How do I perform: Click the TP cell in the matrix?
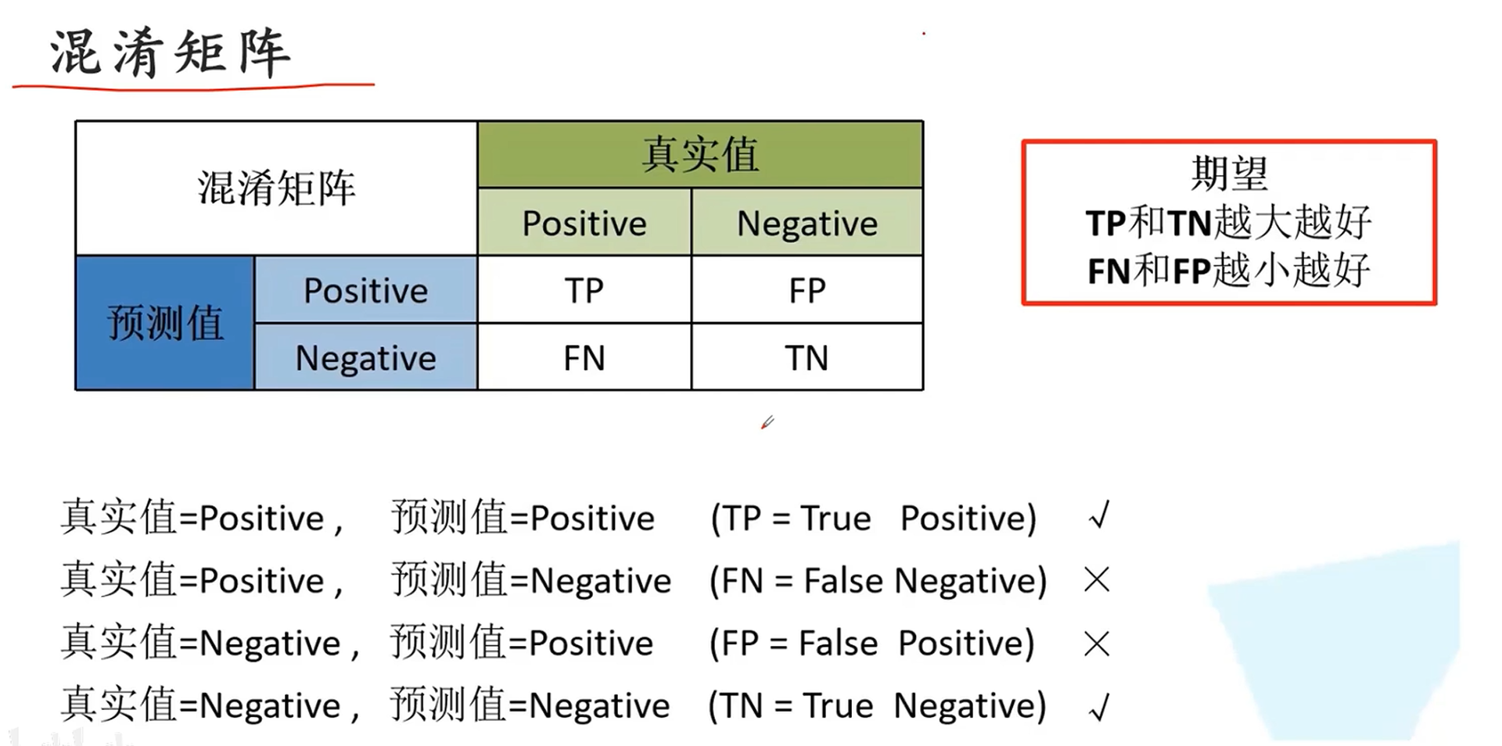point(584,291)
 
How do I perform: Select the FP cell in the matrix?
point(807,291)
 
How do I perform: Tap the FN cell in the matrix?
point(584,358)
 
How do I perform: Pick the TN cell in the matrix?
point(807,358)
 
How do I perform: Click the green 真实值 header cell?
point(700,154)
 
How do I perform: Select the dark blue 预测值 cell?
point(165,323)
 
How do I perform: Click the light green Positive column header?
point(584,224)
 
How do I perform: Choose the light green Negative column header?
point(807,224)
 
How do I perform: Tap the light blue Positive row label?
point(365,291)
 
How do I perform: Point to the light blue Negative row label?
point(365,358)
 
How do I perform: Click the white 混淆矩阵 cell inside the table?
point(276,188)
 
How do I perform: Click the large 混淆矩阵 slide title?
point(171,53)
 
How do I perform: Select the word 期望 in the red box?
point(1228,174)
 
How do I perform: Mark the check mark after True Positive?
point(1099,516)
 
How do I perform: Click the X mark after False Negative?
point(1097,579)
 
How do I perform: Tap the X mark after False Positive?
point(1097,644)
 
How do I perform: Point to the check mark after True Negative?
point(1099,707)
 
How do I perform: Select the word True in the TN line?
point(837,706)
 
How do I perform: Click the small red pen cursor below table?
point(767,423)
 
